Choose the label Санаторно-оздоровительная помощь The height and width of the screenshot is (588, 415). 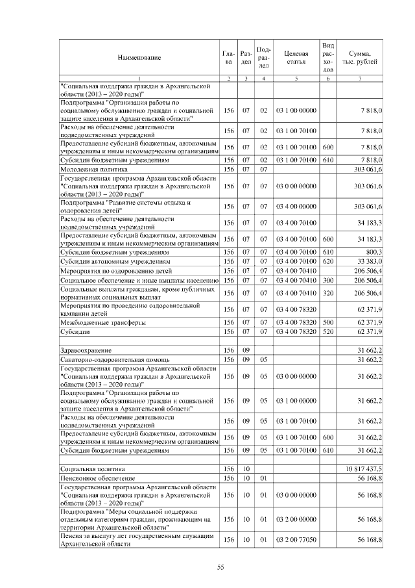pos(105,359)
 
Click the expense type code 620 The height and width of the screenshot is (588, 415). pos(327,261)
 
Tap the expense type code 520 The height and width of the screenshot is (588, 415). pos(327,332)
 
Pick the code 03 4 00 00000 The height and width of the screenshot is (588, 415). pos(295,207)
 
